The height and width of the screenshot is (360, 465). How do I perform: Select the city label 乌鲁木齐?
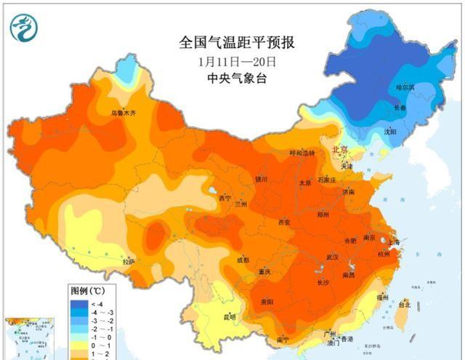point(123,113)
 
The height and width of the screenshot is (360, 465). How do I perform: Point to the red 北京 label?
point(339,149)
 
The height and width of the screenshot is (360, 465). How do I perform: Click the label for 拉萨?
point(128,261)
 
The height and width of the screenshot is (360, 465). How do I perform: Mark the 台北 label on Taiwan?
point(401,305)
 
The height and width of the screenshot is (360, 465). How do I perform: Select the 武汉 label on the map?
point(333,257)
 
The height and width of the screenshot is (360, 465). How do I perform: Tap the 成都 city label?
point(242,260)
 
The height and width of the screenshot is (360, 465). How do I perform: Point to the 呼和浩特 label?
point(302,153)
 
